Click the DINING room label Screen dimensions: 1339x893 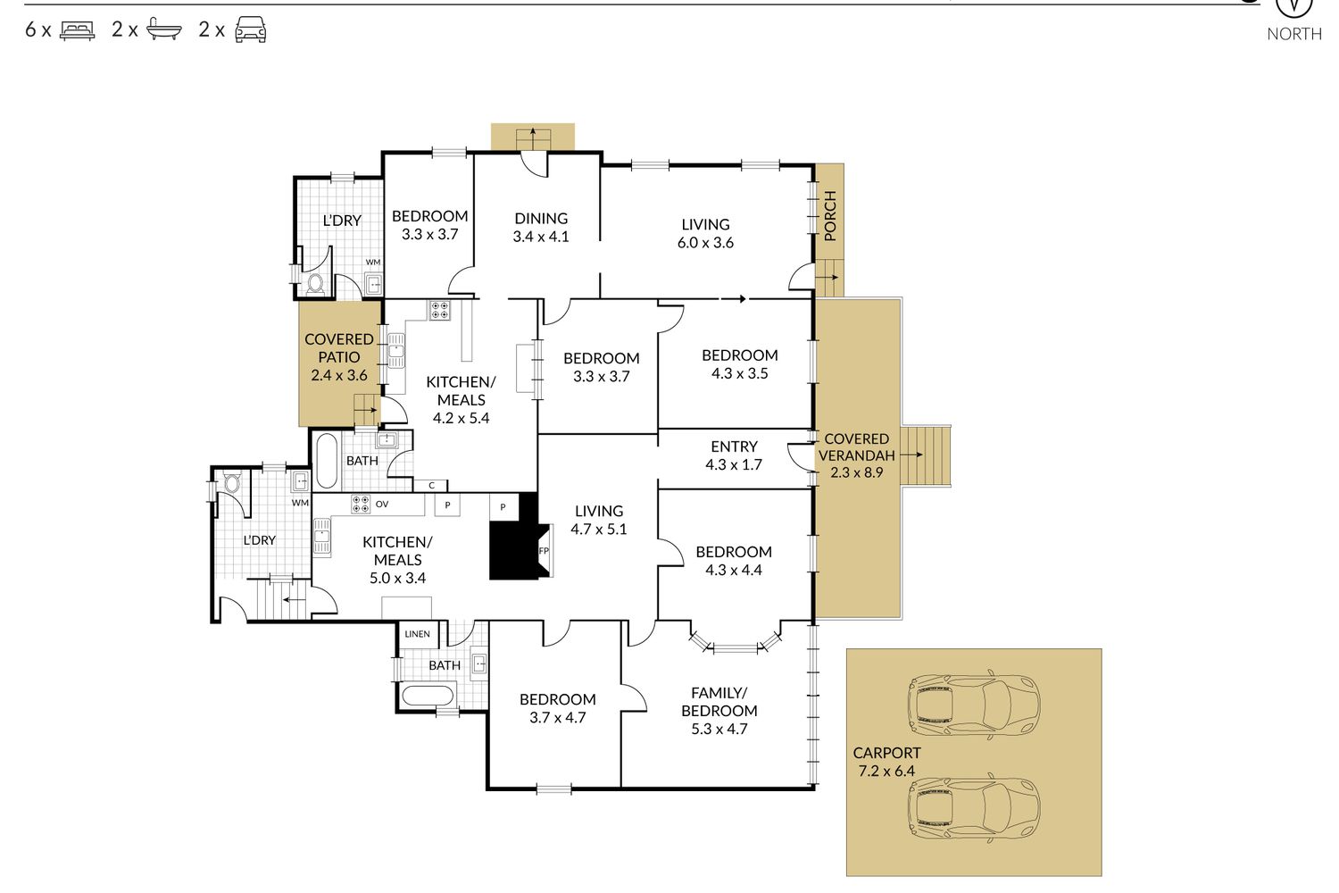pos(541,218)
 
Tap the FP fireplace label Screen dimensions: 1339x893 pos(544,551)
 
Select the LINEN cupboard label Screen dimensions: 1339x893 pos(417,634)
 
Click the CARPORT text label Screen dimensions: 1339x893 pos(886,753)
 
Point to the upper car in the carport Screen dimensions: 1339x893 pos(974,702)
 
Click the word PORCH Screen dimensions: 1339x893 pos(829,216)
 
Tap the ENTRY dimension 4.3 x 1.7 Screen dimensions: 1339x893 pos(734,464)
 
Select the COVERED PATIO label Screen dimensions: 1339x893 pos(339,348)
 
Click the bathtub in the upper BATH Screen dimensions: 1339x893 pos(326,461)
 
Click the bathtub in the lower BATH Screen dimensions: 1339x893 pos(428,697)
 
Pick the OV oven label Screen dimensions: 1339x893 pos(382,505)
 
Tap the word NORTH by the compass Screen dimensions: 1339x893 pos(1294,34)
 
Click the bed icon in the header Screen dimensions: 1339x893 pos(77,30)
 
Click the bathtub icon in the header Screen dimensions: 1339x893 pos(163,29)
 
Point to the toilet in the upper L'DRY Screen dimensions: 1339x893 pos(315,283)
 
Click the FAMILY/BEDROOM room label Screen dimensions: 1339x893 pos(719,702)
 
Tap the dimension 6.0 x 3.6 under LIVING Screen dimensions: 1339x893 pos(705,243)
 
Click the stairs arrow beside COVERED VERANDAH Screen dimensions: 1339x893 pos(911,455)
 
